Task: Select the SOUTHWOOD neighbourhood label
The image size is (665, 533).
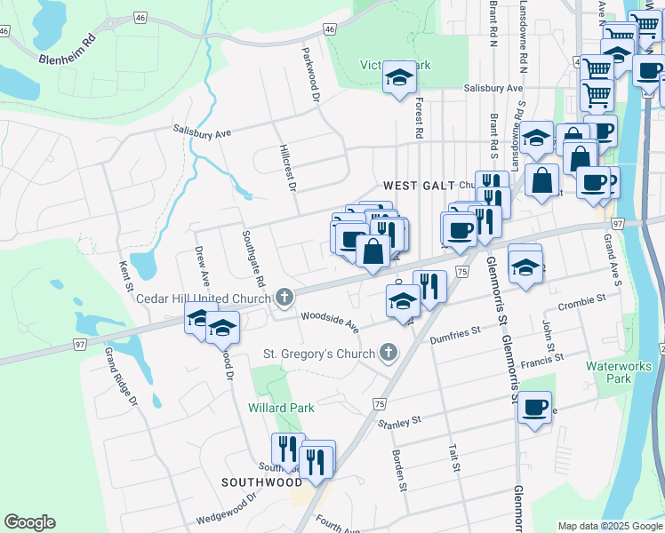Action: click(x=262, y=482)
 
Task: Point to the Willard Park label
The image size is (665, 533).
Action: click(x=281, y=408)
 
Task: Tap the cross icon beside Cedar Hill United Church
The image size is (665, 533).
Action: click(x=284, y=298)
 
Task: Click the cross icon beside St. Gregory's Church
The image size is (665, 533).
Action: click(x=387, y=354)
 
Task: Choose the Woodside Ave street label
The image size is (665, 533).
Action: click(x=330, y=320)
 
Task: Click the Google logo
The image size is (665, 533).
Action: click(x=29, y=522)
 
